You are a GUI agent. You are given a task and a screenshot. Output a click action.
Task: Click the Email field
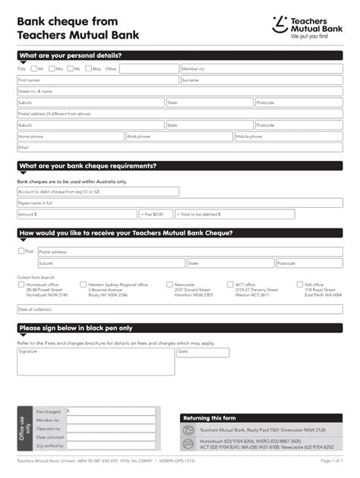pos(179,147)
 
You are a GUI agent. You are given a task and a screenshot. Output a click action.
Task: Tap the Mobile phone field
pos(289,137)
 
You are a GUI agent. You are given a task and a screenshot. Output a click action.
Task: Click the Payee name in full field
pos(98,203)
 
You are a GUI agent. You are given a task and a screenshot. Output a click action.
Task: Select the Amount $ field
pos(77,215)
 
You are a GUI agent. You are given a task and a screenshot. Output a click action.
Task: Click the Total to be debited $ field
pos(220,215)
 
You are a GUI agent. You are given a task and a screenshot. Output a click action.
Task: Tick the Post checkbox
pos(21,250)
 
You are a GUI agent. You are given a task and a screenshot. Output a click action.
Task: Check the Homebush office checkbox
pos(21,285)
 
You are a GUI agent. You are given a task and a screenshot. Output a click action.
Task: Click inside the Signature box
pos(96,362)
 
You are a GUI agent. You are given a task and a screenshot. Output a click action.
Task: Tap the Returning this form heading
pos(210,417)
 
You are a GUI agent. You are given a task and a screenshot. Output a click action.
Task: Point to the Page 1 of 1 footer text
pos(332,461)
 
